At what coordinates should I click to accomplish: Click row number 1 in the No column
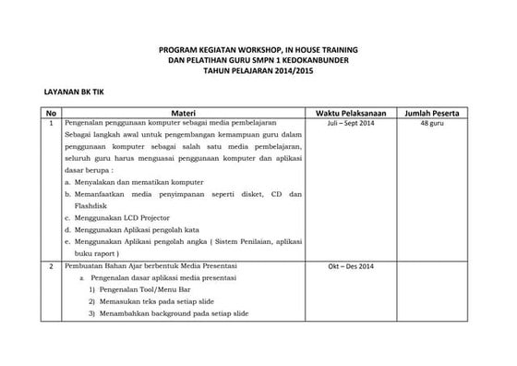[x=52, y=123]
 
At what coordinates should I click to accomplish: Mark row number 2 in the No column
[x=52, y=266]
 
